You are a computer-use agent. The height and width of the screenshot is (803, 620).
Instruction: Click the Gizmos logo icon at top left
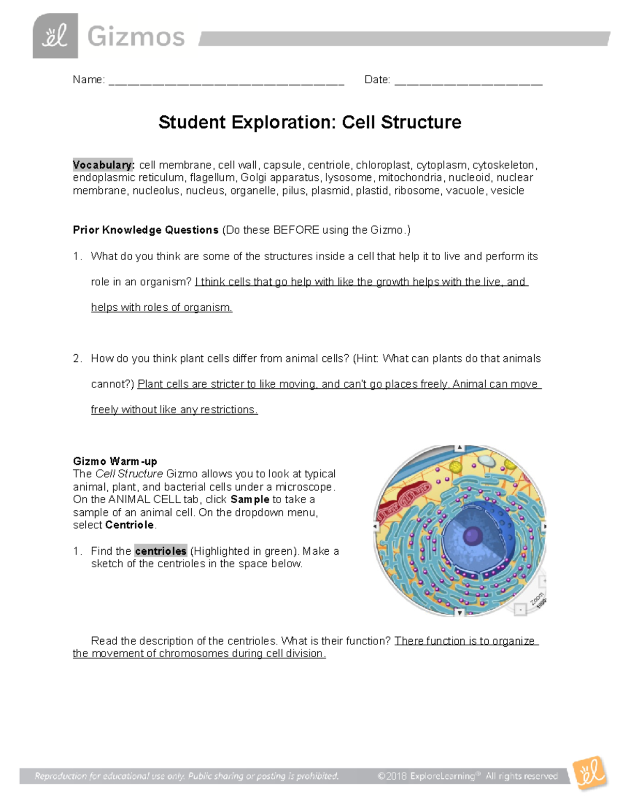(55, 36)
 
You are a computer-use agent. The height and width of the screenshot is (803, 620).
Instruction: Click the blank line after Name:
(226, 81)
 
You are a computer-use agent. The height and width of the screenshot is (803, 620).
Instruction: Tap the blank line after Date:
(468, 81)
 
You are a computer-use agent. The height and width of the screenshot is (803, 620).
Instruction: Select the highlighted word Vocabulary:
(103, 165)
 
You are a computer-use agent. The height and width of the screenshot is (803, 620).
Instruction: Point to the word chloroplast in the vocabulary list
(383, 165)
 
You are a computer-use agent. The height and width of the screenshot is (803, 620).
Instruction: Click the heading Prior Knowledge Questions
(146, 230)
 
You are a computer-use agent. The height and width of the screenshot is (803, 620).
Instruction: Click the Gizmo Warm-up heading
(115, 461)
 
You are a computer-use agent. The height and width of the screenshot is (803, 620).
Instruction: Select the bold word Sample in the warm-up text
(250, 499)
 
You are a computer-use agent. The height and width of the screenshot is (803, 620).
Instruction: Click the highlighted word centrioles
(160, 551)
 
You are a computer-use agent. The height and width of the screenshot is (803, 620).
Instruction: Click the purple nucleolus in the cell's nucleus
(472, 536)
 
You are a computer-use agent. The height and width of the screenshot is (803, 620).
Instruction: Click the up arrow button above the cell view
(459, 448)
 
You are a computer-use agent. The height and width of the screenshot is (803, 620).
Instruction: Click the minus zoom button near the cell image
(520, 610)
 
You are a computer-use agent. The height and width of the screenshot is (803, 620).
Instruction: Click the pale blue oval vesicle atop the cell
(485, 460)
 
